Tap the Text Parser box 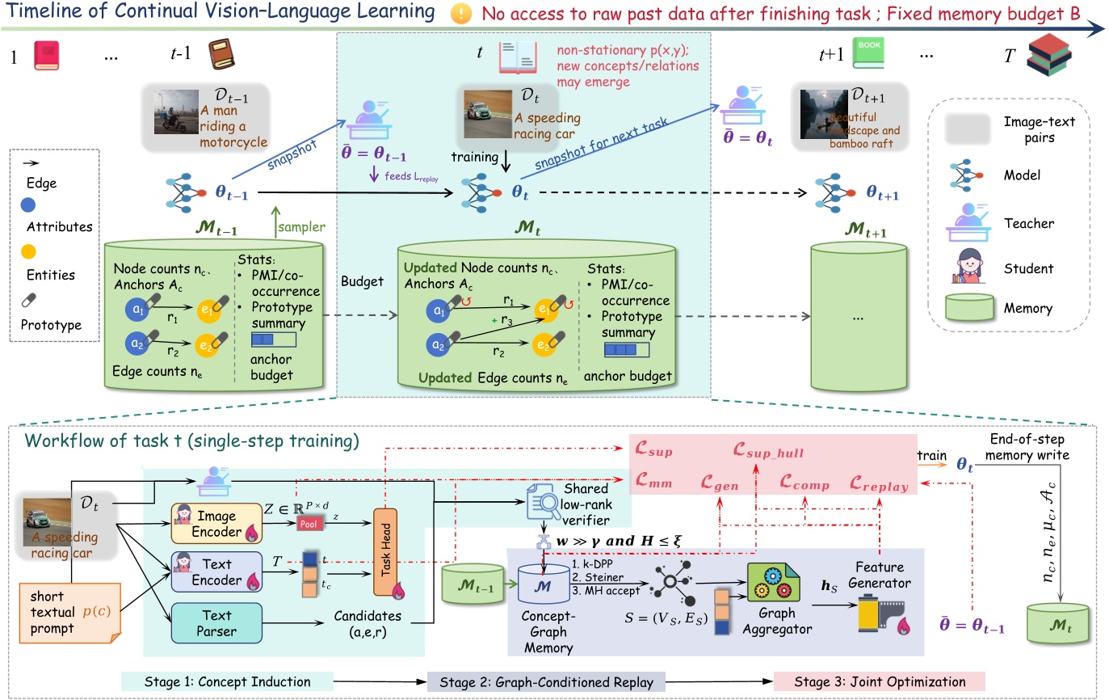(x=216, y=621)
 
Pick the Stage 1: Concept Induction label (x=226, y=681)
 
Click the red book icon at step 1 (x=46, y=56)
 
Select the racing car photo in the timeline (x=488, y=113)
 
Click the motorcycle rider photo (x=176, y=111)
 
